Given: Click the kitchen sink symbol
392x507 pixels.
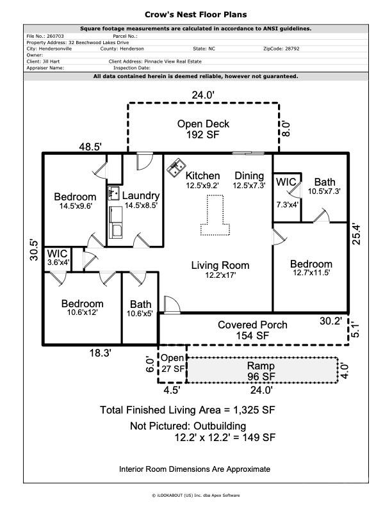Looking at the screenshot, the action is tap(176, 168).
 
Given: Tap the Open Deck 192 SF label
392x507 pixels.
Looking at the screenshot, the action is tap(203, 129).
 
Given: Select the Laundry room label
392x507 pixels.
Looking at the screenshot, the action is tap(141, 196).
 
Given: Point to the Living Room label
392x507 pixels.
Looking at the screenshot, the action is tap(220, 265).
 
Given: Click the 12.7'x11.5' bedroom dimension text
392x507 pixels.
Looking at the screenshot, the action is tap(311, 273).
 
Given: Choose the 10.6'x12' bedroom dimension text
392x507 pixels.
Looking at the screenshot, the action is tap(83, 312).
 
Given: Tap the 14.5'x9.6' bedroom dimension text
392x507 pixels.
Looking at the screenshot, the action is tap(76, 205).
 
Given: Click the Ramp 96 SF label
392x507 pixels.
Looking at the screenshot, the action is tap(261, 371).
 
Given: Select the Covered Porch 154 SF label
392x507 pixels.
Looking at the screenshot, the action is tap(252, 330).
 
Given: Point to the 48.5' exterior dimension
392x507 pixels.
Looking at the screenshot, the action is tap(90, 147).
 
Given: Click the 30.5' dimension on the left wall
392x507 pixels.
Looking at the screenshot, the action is tap(34, 250).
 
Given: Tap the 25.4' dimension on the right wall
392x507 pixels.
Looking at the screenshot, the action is tap(355, 234).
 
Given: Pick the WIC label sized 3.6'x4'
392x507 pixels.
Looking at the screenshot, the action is tap(58, 257).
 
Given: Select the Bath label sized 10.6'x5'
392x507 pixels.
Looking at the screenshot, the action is tap(140, 309).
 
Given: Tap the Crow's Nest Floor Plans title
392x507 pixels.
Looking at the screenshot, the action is tap(195, 15).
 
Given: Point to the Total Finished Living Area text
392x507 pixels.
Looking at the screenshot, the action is tap(187, 410).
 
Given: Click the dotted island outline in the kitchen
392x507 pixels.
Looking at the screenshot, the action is tap(215, 214).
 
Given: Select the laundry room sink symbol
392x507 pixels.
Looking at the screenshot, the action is tap(113, 193).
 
